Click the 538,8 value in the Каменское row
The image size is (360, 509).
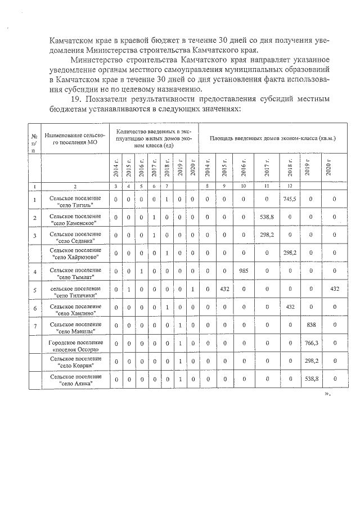click(267, 217)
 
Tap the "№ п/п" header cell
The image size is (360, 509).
click(34, 143)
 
